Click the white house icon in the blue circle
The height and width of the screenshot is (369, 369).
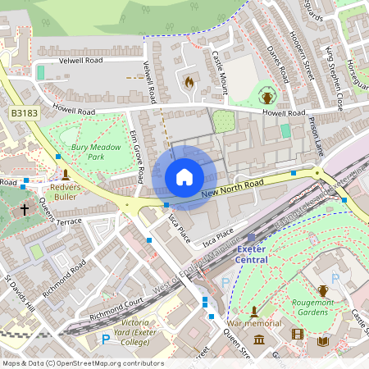[x=184, y=177]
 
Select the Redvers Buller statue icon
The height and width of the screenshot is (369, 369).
[x=66, y=174]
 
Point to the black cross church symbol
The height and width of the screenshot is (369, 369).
[x=25, y=210]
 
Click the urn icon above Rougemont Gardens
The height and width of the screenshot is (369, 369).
[x=323, y=290]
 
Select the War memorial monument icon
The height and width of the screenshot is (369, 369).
[x=254, y=312]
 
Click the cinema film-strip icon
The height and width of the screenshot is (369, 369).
[x=297, y=335]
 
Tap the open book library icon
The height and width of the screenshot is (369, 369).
[x=323, y=340]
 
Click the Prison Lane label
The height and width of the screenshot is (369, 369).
[x=315, y=134]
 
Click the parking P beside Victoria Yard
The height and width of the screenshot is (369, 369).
[x=105, y=339]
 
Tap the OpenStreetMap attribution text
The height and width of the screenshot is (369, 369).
[x=82, y=363]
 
